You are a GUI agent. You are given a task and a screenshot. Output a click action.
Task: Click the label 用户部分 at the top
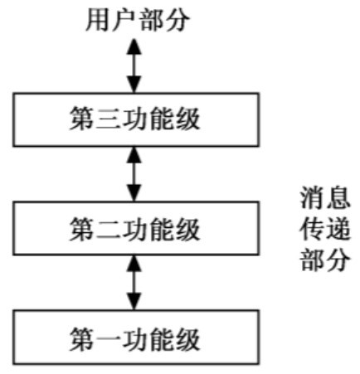[x=138, y=20]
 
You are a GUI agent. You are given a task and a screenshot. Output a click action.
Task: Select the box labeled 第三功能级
[x=136, y=119]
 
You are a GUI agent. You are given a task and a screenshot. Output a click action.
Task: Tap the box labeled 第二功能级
[x=136, y=228]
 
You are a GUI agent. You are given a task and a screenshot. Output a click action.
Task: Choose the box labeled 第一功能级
[x=136, y=338]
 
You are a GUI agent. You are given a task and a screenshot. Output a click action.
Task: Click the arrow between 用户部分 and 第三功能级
[x=134, y=66]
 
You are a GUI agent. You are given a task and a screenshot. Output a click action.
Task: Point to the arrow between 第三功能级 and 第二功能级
[x=134, y=174]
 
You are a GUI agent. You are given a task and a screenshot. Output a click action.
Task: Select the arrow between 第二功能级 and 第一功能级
[x=134, y=283]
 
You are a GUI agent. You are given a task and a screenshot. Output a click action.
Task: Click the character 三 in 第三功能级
[x=109, y=119]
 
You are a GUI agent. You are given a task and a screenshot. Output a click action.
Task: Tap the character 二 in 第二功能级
[x=109, y=228]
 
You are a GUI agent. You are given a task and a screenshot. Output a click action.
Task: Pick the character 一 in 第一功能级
[x=109, y=339]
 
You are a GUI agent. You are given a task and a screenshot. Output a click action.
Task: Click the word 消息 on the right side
[x=325, y=197]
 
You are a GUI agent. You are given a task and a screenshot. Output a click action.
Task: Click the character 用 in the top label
[x=98, y=20]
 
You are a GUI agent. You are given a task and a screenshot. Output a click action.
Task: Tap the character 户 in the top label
[x=124, y=20]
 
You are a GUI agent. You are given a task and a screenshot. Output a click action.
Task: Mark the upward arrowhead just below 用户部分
[x=134, y=46]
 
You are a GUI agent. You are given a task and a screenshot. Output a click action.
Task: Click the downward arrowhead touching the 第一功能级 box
[x=134, y=302]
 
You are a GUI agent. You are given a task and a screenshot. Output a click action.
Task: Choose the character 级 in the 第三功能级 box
[x=187, y=119]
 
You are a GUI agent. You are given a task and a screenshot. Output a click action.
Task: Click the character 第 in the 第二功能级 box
[x=82, y=228]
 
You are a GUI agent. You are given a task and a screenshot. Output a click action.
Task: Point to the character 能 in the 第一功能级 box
[x=161, y=339]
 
